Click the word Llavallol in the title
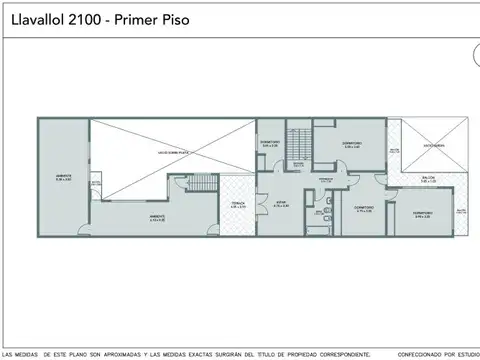coord(34,19)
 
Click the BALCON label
coord(429,178)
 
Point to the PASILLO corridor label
coord(326,180)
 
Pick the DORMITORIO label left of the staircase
coord(270,142)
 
